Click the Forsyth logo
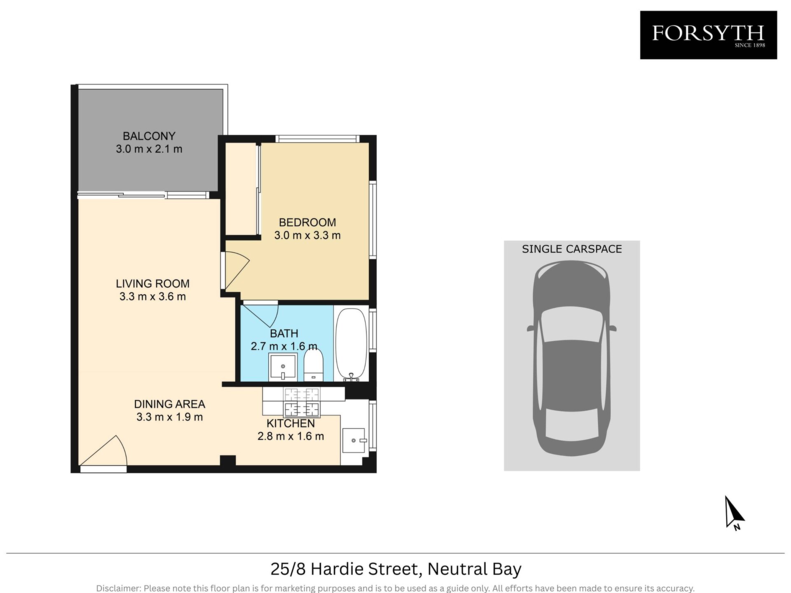tap(708, 35)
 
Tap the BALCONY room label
tap(149, 136)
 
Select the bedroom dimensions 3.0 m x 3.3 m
tap(307, 236)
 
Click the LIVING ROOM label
tap(152, 284)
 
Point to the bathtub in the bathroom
tap(351, 344)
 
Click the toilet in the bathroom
tap(314, 365)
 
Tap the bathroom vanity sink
tap(283, 367)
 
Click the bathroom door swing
tap(261, 314)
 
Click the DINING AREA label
tap(169, 404)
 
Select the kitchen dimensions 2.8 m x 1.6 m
tap(291, 436)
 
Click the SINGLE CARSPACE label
tap(572, 249)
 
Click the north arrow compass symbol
tap(734, 513)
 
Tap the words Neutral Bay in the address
tap(475, 570)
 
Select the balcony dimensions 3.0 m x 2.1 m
tap(149, 149)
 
